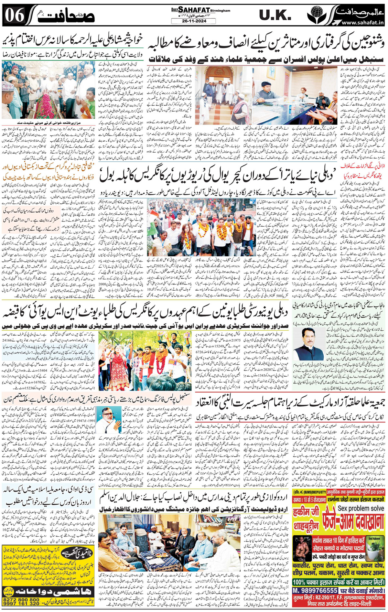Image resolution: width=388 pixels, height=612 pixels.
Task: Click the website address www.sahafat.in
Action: pyautogui.click(x=362, y=23)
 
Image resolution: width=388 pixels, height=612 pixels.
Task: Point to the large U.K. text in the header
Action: pyautogui.click(x=275, y=15)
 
